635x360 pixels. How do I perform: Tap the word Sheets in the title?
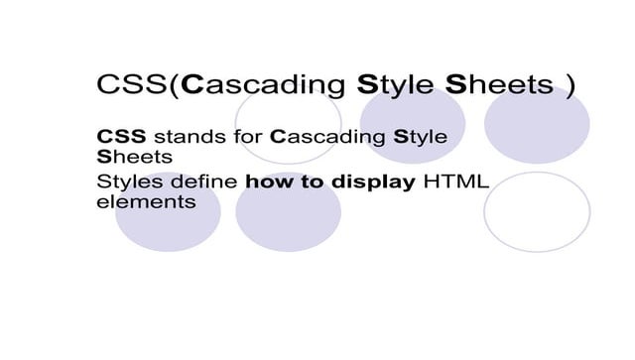point(498,85)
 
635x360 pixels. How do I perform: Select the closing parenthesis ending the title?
point(570,86)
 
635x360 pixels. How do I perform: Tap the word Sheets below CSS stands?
point(134,158)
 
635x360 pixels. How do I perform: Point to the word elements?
point(145,201)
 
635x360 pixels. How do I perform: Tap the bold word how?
point(265,181)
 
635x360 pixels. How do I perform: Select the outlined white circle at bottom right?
point(536,212)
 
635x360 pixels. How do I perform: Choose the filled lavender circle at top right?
point(536,124)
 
